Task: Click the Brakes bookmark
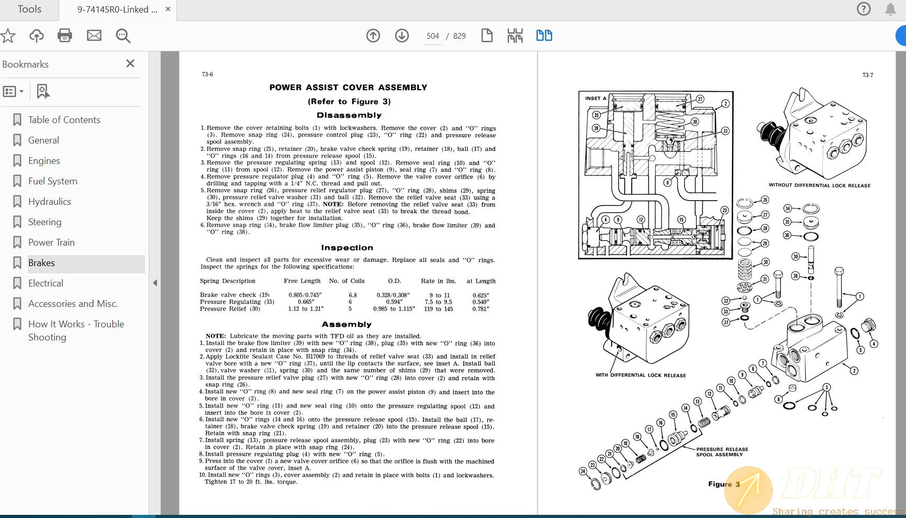point(42,263)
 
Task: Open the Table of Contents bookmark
point(64,120)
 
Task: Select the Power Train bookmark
point(51,243)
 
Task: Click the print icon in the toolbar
point(65,36)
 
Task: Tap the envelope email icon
point(94,36)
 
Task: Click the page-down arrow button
point(402,36)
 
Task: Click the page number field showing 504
point(432,36)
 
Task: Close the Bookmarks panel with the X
point(130,63)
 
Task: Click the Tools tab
point(29,9)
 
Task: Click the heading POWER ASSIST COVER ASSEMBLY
point(348,87)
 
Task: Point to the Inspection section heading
point(347,248)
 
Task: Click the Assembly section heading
point(346,324)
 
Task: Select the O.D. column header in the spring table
point(394,281)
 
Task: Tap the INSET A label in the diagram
point(596,98)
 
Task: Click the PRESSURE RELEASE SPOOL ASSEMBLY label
point(722,452)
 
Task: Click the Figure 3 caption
point(724,484)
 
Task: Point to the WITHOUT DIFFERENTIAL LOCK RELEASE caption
point(819,185)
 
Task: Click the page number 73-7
point(867,75)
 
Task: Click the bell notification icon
point(890,9)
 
